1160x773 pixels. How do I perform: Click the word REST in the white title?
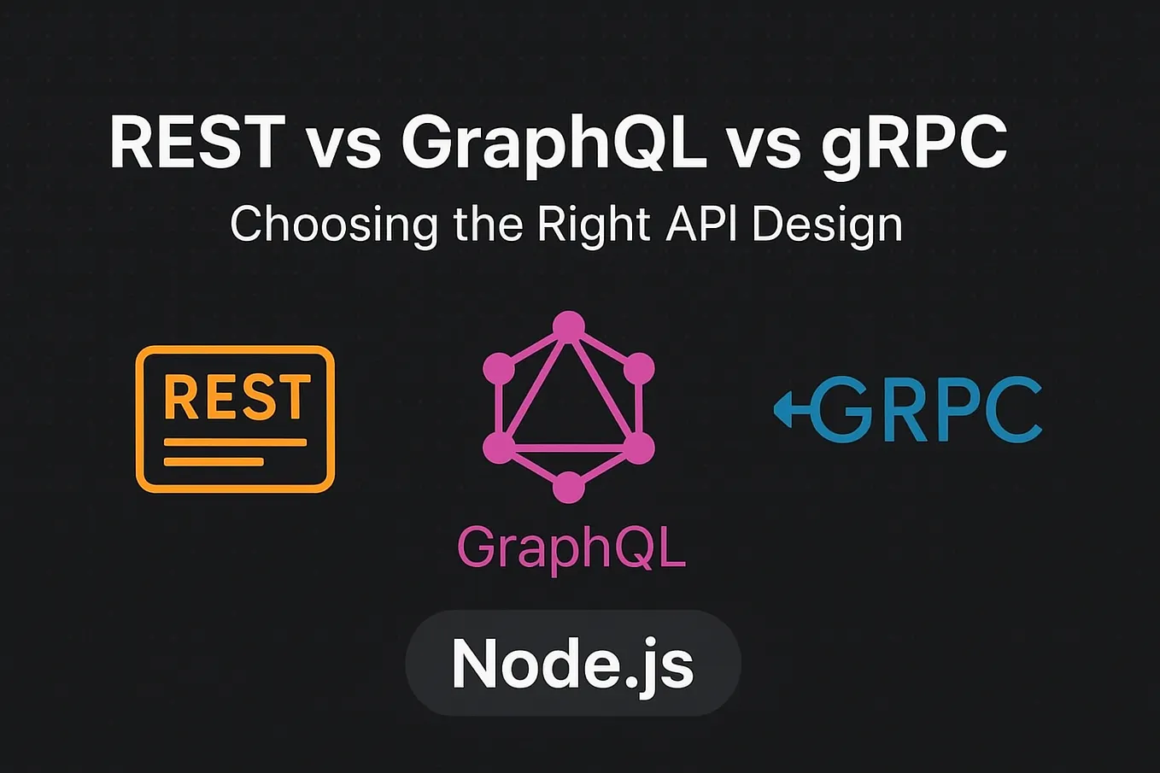click(197, 142)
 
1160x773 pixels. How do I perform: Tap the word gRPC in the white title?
click(914, 145)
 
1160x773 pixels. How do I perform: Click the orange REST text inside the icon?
click(236, 397)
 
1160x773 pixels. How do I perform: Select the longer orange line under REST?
click(235, 442)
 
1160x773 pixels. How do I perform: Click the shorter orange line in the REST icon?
click(214, 462)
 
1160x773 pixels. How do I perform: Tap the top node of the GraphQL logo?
click(568, 325)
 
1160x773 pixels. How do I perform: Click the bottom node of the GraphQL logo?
click(568, 488)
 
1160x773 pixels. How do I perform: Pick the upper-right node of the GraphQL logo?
click(638, 369)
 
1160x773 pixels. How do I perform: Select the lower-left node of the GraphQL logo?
click(498, 448)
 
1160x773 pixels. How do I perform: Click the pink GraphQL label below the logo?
click(571, 548)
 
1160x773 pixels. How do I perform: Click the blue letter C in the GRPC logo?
click(1013, 410)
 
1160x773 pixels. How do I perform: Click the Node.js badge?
click(572, 664)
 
